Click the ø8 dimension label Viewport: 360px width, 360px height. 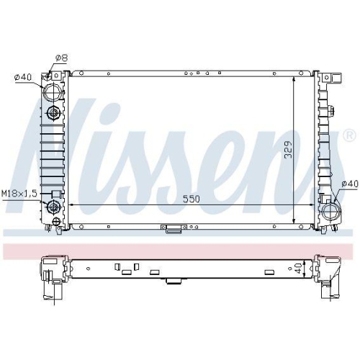62,58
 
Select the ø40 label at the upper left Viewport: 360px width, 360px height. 23,77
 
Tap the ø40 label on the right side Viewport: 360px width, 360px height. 350,184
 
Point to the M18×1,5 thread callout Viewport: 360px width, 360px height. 19,194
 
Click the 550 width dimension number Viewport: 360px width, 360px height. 192,199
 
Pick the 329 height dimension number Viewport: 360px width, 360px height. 288,150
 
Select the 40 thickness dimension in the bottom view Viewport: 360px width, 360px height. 298,268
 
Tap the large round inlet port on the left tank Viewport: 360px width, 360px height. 53,92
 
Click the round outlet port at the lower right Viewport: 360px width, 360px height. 331,212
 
